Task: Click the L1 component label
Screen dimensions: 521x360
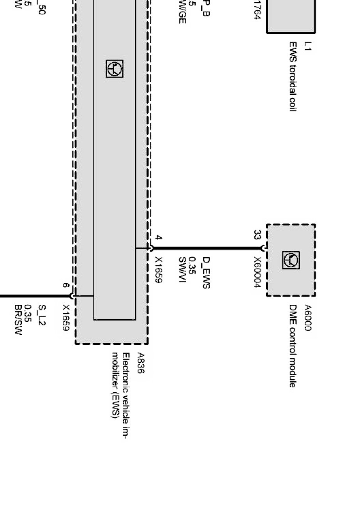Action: coord(308,46)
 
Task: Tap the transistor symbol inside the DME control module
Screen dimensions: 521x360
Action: coord(291,260)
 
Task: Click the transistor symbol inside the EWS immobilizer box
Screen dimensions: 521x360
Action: coord(115,69)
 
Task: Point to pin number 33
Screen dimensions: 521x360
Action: coord(257,235)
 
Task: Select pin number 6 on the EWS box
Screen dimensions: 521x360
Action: coord(67,285)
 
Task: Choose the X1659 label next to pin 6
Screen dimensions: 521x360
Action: coord(66,318)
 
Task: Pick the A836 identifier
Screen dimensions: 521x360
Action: coord(141,364)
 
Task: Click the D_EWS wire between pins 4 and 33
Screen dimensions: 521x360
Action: coord(206,248)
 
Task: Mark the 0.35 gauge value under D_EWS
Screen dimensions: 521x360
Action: coord(192,265)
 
